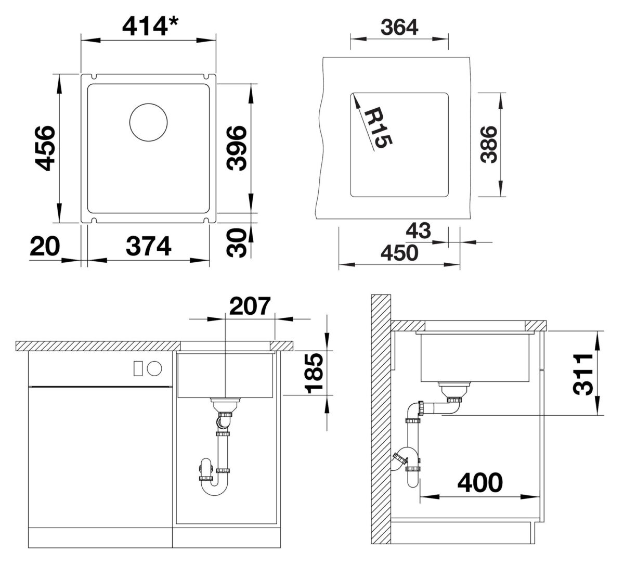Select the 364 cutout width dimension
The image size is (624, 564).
coord(399,27)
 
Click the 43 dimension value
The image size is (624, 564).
coord(419,230)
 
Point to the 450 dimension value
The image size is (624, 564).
coord(399,253)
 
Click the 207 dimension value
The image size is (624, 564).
coord(250,306)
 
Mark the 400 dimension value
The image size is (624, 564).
coord(479,483)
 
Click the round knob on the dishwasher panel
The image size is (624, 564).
coord(154,368)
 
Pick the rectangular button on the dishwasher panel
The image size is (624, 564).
coord(138,368)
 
